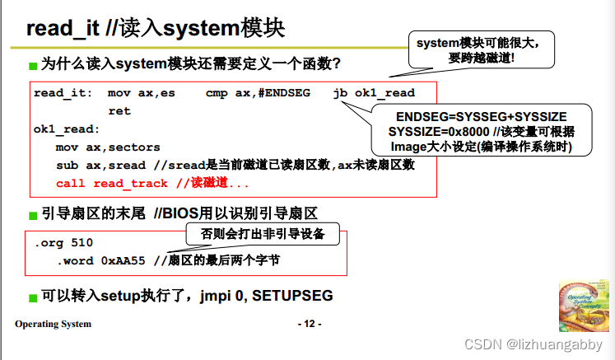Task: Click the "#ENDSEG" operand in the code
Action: pos(284,93)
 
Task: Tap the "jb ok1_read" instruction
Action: pos(374,93)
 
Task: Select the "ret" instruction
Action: pos(119,111)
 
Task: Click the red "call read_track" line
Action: pos(111,184)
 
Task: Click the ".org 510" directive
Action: pos(63,243)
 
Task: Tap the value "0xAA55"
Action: pos(123,260)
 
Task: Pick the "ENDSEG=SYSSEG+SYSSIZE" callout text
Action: pos(482,117)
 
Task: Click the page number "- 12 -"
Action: pos(309,324)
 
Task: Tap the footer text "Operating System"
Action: pos(53,324)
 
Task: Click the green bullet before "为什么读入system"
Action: pos(33,65)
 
